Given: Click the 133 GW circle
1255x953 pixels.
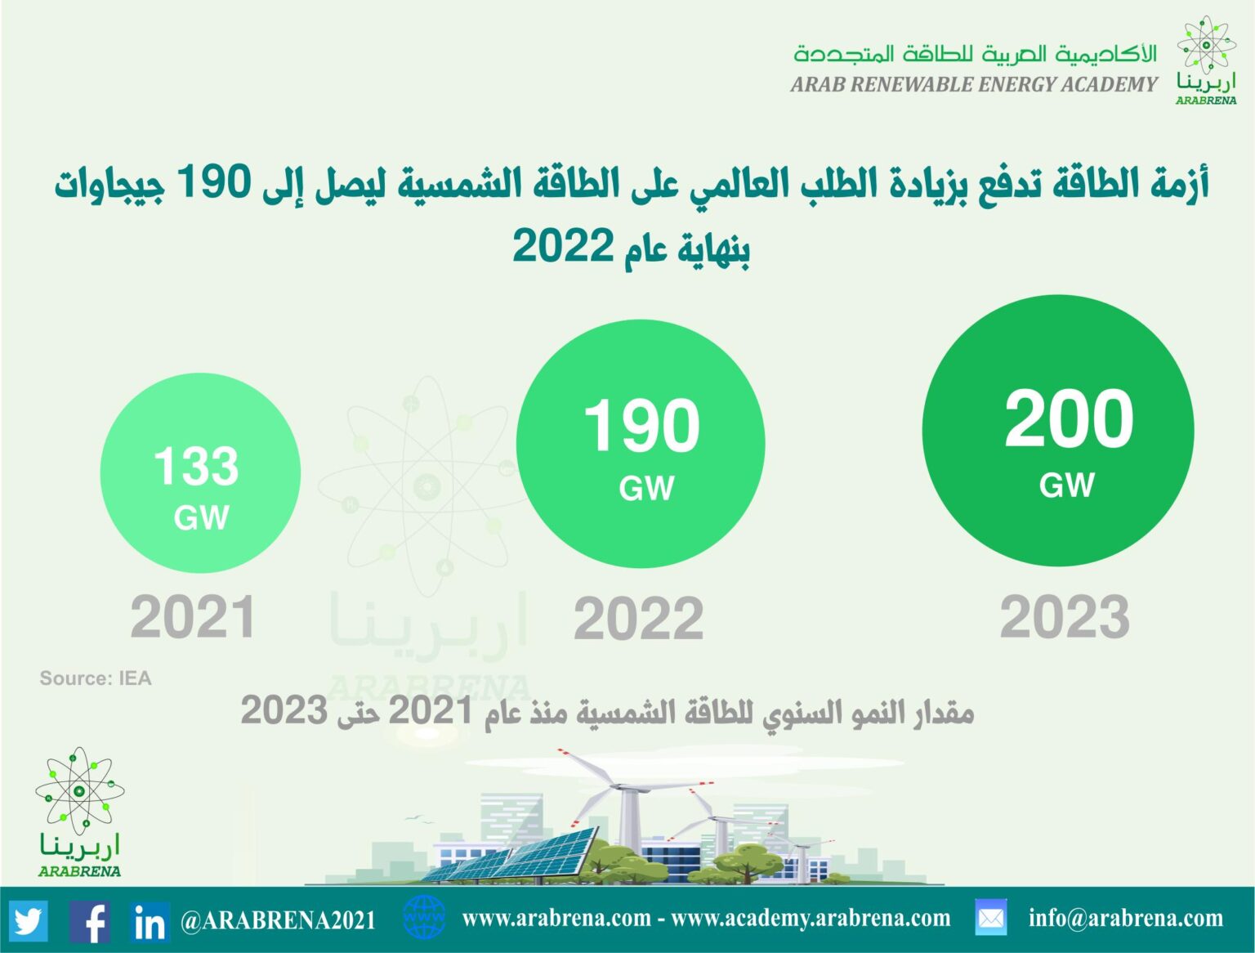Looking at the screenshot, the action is (x=200, y=472).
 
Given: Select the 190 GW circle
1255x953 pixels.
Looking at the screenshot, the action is (x=641, y=444).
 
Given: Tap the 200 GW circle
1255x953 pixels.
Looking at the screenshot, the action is (x=1058, y=431).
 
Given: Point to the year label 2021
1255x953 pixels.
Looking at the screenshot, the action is (x=193, y=617).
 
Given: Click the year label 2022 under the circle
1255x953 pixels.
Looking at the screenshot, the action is (x=639, y=618).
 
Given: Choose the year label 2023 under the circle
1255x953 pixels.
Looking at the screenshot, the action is (x=1065, y=617).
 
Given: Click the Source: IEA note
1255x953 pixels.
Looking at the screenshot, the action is (x=96, y=678).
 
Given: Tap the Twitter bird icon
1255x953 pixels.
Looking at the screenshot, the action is (x=29, y=920).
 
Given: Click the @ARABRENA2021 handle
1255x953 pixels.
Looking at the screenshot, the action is (x=278, y=920).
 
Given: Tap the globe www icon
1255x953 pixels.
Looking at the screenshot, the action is (x=424, y=917).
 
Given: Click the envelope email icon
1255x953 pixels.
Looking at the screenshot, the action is (x=991, y=917).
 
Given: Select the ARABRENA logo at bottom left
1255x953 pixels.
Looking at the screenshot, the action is (x=79, y=812).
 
